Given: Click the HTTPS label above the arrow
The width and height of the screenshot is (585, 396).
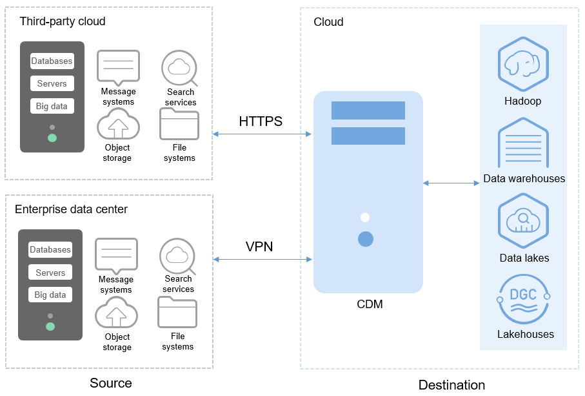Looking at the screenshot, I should (x=261, y=121).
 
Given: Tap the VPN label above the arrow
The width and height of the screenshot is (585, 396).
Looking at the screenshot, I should (x=260, y=247).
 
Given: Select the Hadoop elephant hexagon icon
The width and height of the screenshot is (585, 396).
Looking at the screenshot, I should (x=523, y=64).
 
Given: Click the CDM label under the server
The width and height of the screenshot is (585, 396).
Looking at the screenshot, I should (x=370, y=304).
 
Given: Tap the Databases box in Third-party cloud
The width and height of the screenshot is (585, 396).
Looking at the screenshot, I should (x=52, y=61).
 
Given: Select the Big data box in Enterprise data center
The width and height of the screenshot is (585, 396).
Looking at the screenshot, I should (x=50, y=295).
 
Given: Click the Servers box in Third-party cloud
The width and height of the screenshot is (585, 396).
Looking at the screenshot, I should (x=52, y=84).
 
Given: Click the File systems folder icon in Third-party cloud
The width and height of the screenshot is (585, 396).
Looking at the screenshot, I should (x=179, y=125).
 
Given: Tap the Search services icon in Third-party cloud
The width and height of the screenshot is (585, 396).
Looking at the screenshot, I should (x=179, y=67).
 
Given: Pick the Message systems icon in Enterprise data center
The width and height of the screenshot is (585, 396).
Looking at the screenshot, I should (x=116, y=255).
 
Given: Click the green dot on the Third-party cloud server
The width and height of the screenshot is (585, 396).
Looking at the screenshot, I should (x=52, y=138).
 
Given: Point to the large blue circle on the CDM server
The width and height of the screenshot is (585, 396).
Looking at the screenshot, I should (x=366, y=239).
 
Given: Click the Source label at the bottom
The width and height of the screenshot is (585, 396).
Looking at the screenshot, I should (x=110, y=384).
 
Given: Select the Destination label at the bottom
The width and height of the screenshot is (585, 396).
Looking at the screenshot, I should (x=451, y=386).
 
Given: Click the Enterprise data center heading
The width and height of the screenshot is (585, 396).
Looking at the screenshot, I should (x=71, y=209).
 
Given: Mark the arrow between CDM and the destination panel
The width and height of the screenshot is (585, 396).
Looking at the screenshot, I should (x=451, y=183).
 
